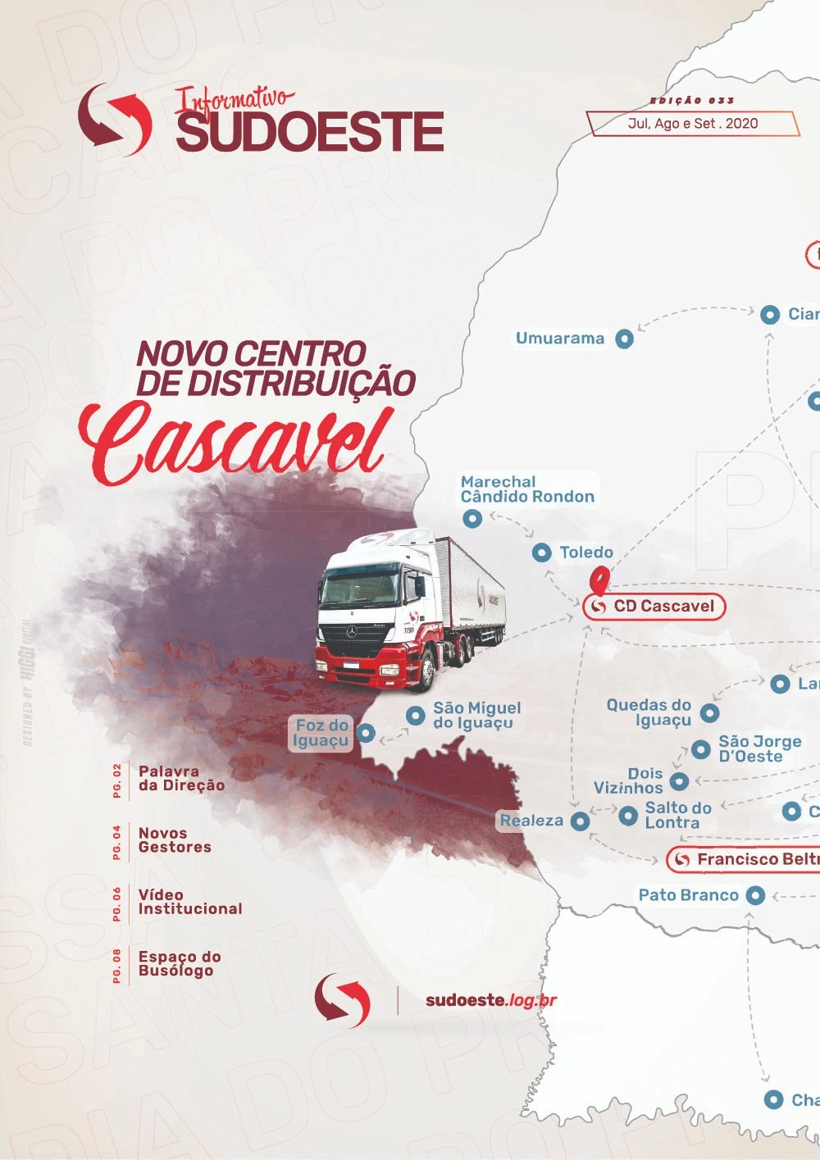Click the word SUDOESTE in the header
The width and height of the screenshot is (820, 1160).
point(310,132)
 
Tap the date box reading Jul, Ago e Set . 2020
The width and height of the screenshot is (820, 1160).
point(692,124)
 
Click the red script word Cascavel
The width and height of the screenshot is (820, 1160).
point(234,443)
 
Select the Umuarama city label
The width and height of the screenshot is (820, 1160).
point(560,338)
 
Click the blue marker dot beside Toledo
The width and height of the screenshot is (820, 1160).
point(541,553)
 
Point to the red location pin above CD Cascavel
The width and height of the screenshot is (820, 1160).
point(601,580)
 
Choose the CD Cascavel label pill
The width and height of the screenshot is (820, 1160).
point(654,607)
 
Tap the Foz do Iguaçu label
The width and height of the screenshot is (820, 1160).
point(321,733)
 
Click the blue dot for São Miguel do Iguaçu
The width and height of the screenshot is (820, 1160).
point(416,716)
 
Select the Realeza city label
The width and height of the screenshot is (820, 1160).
point(531,821)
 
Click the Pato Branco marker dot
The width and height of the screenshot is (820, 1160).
point(755,895)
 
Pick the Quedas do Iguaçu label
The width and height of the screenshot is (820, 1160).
point(649,712)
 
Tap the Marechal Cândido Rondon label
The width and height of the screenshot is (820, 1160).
point(527,489)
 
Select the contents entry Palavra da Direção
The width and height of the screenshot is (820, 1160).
point(181,778)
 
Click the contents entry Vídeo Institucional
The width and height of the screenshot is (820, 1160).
point(189,902)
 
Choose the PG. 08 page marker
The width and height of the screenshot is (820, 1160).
point(117,965)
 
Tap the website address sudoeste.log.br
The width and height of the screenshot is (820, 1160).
point(491,1000)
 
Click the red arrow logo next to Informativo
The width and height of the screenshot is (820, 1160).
point(115,120)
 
